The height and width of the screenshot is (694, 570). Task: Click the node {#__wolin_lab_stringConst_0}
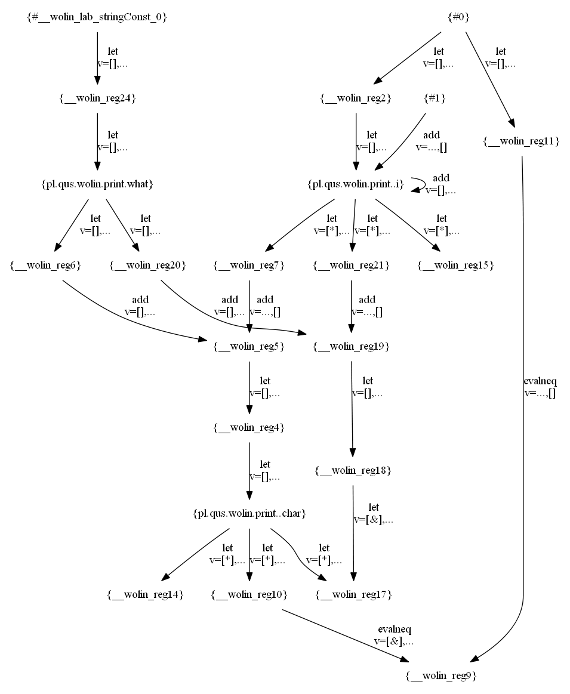[97, 18]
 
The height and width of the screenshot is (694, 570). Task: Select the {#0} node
[458, 18]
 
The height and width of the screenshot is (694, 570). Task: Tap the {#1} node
[434, 98]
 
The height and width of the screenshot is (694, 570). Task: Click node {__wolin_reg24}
[97, 98]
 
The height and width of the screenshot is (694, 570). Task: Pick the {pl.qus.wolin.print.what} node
[97, 184]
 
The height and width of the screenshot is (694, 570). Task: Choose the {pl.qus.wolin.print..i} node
[356, 184]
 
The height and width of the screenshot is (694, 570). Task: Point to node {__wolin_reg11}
[521, 141]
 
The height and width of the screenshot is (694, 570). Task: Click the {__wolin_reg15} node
[455, 265]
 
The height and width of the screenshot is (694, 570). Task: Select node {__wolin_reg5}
[249, 346]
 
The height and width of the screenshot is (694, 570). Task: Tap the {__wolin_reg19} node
[352, 346]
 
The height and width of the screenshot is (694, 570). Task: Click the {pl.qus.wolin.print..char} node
[249, 513]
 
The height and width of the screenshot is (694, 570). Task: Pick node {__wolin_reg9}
[441, 676]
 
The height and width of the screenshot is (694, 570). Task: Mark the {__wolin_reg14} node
[145, 595]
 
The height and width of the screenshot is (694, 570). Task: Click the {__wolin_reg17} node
[353, 595]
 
